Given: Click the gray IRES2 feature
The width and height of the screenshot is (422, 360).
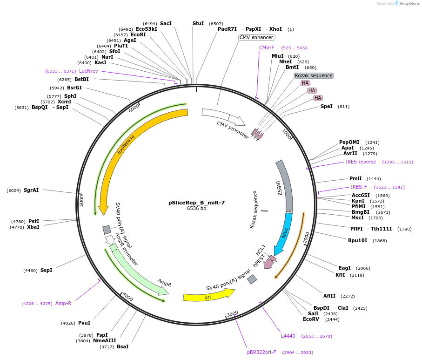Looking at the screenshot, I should click(x=286, y=186).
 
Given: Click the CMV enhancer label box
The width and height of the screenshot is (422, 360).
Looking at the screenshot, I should click(x=256, y=37).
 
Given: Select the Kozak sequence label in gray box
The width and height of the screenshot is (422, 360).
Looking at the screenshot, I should click(x=314, y=75).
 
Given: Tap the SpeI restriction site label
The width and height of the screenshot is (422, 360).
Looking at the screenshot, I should click(x=327, y=106).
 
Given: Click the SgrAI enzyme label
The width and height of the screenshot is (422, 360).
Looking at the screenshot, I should click(x=31, y=190).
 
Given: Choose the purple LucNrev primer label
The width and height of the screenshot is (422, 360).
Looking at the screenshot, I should click(x=88, y=71).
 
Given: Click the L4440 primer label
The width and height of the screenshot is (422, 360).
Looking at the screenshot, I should click(x=288, y=336).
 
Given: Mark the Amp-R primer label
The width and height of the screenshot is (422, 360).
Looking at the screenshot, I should click(x=63, y=303).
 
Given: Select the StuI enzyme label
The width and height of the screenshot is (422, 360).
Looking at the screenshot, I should click(x=198, y=23).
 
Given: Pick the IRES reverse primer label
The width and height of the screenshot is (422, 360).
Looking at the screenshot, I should click(x=361, y=162).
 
